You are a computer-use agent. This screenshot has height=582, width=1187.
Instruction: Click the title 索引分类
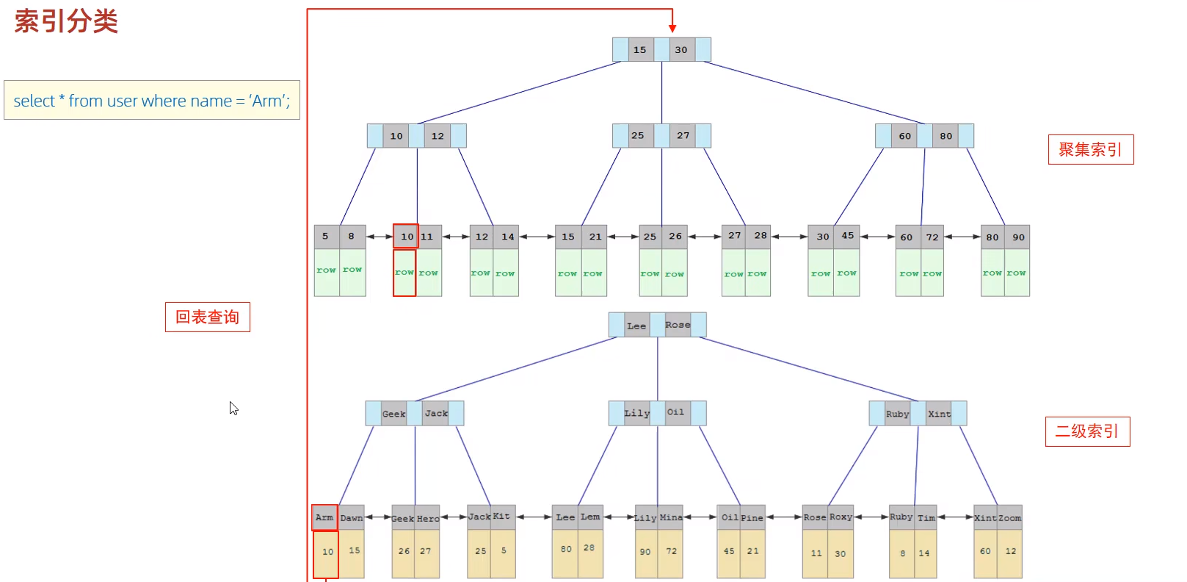[66, 22]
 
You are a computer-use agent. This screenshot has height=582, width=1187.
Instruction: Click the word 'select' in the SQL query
[34, 100]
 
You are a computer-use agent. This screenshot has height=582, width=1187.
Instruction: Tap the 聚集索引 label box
[1091, 150]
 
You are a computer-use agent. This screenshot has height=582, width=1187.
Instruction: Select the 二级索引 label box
[1087, 431]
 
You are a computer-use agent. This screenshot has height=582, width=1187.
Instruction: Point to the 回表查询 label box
[208, 317]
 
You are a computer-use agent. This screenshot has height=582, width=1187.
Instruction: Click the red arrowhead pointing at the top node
[672, 29]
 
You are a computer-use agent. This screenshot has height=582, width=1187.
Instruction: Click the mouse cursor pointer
[233, 408]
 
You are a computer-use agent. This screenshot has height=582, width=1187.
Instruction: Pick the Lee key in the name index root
[636, 326]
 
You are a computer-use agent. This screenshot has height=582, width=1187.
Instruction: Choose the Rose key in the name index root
[678, 325]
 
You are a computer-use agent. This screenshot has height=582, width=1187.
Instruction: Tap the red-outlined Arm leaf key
[325, 517]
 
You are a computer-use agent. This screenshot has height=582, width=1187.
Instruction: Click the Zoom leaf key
[1009, 517]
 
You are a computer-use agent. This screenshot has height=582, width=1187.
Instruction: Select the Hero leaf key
[428, 518]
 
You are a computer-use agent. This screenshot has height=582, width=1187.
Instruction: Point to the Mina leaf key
[670, 517]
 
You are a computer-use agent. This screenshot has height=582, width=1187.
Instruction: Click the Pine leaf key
[752, 517]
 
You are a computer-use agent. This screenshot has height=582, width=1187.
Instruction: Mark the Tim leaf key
[926, 517]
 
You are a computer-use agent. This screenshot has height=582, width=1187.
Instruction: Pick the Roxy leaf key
[841, 517]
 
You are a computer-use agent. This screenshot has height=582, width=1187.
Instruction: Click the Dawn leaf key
[352, 517]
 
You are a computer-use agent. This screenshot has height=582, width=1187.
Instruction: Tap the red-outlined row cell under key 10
[404, 273]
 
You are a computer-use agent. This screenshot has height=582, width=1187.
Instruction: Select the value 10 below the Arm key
[327, 552]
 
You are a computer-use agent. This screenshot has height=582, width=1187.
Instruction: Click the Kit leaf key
[502, 517]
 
